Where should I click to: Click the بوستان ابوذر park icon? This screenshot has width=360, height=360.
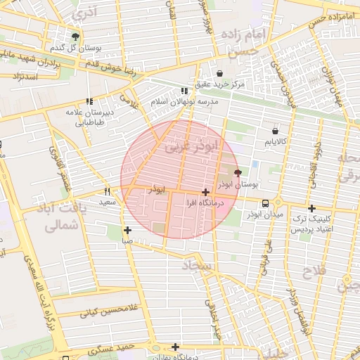tap(237, 172)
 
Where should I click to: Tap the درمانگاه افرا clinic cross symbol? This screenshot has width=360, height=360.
tap(205, 192)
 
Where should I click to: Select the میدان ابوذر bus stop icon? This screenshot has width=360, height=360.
tap(264, 203)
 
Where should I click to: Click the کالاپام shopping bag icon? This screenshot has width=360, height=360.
tap(274, 130)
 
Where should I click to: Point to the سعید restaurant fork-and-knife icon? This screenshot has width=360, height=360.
tap(107, 191)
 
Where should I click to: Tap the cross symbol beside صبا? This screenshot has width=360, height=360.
tap(127, 230)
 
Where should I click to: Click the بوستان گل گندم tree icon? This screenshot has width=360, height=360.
tap(75, 37)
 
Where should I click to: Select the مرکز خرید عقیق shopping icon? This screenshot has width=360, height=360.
tap(220, 73)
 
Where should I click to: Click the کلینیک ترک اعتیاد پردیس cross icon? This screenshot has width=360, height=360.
tap(311, 208)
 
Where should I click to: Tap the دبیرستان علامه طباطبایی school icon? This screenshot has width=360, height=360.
tap(89, 101)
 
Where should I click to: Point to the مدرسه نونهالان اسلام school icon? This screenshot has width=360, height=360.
tap(184, 91)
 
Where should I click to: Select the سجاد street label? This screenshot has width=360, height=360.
tap(196, 265)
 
